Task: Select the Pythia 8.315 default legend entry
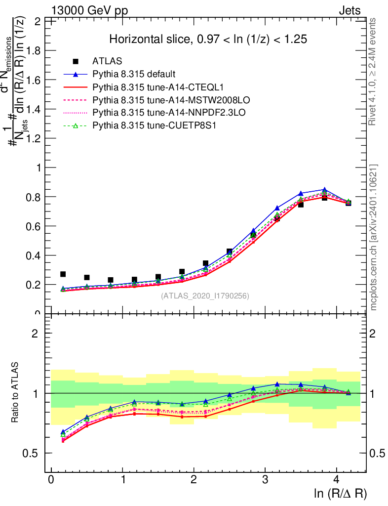(134, 74)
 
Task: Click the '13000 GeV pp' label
(89, 10)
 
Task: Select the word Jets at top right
(349, 10)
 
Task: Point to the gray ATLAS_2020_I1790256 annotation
(205, 296)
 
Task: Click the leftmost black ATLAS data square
(63, 274)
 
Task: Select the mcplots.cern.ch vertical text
(374, 237)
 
